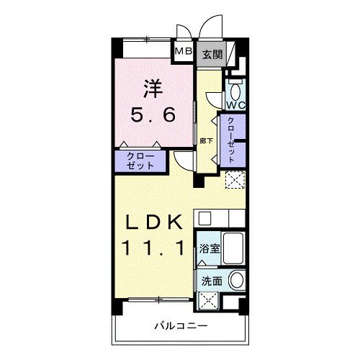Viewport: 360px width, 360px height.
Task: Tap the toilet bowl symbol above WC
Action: (235, 90)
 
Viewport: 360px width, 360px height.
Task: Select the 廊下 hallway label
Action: (206, 140)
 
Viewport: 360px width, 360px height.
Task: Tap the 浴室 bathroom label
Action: (210, 248)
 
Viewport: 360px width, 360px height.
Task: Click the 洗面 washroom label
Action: (210, 282)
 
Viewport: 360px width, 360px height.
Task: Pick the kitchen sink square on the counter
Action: (204, 217)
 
